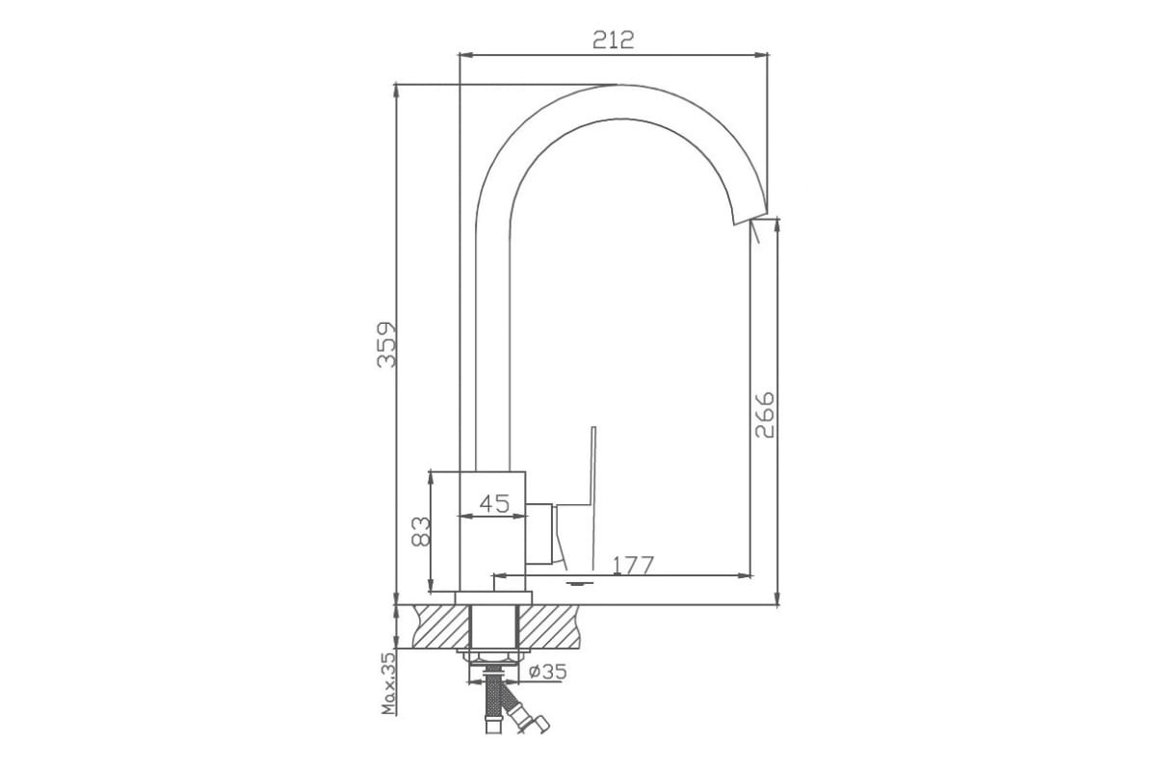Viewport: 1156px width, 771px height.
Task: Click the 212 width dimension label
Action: (613, 40)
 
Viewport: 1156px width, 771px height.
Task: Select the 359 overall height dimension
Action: (387, 345)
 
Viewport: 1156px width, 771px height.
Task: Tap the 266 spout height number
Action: (765, 414)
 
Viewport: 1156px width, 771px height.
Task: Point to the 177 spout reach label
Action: (633, 565)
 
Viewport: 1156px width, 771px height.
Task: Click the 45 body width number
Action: (494, 503)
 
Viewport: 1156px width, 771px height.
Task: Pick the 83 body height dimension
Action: (421, 531)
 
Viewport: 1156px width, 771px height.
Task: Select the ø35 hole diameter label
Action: (548, 672)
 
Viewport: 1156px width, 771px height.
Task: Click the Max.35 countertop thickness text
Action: (388, 683)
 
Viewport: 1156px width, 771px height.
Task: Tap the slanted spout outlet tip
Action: (750, 219)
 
